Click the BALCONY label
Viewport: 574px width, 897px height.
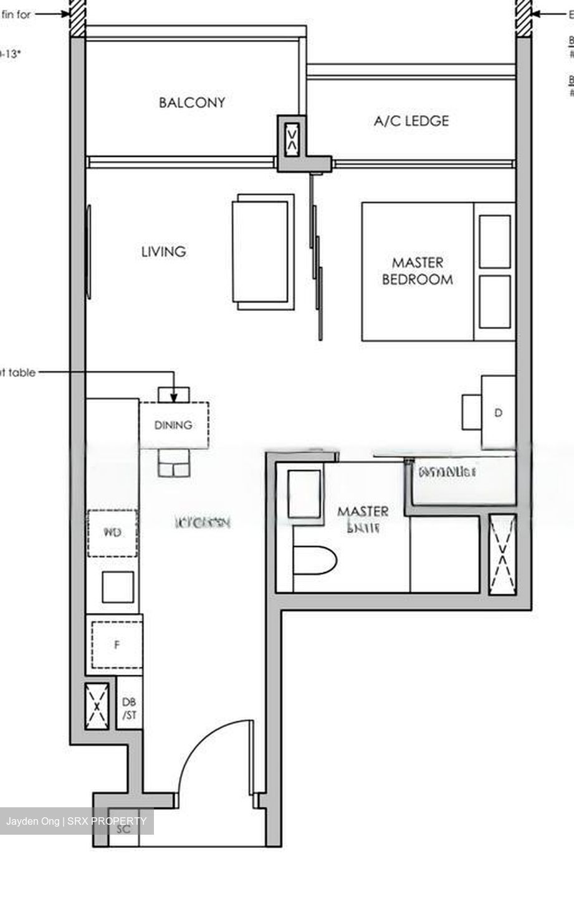[x=192, y=103]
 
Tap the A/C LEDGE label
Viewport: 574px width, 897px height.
[x=411, y=121]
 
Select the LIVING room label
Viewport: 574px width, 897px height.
[x=163, y=252]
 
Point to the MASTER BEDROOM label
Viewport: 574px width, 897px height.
[x=417, y=271]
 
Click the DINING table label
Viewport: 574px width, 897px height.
[x=173, y=425]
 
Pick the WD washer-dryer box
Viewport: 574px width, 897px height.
[x=112, y=533]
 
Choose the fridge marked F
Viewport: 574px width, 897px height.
[x=117, y=645]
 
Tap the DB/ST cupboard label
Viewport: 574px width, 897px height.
[x=130, y=709]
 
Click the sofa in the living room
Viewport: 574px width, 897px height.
[x=262, y=252]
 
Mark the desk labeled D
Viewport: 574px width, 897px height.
[x=498, y=412]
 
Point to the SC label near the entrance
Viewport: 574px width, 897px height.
[x=123, y=830]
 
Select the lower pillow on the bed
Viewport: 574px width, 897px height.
[x=495, y=301]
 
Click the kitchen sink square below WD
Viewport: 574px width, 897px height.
[x=118, y=587]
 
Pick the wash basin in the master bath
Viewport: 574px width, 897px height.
[x=304, y=494]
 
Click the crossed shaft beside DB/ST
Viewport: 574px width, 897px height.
[x=97, y=706]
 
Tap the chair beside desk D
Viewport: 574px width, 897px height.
[x=471, y=411]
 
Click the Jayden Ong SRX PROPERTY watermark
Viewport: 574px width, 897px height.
[x=76, y=821]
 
